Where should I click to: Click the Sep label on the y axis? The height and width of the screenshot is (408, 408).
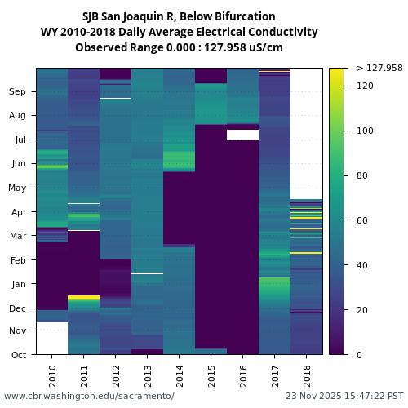pyautogui.click(x=18, y=92)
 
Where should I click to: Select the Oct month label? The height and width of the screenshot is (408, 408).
pyautogui.click(x=18, y=355)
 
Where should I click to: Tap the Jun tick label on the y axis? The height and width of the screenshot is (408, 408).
pyautogui.click(x=18, y=164)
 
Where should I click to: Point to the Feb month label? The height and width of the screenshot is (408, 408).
pyautogui.click(x=18, y=260)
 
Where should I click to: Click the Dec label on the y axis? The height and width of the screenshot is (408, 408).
pyautogui.click(x=18, y=308)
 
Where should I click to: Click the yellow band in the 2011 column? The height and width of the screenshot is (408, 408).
pyautogui.click(x=83, y=298)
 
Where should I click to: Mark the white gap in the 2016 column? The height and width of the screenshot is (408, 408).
pyautogui.click(x=242, y=135)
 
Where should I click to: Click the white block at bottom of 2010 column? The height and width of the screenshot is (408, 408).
pyautogui.click(x=51, y=338)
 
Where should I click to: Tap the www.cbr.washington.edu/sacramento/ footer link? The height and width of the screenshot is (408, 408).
pyautogui.click(x=89, y=396)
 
